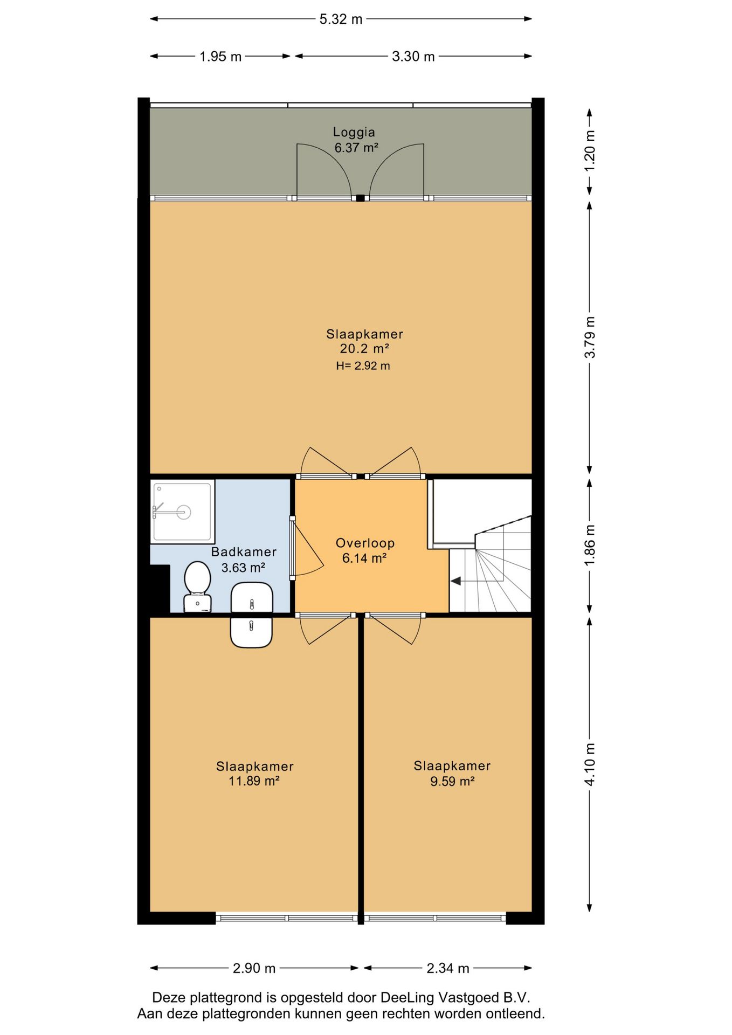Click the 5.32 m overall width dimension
[x=341, y=19]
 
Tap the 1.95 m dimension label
[x=220, y=57]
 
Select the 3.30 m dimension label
[x=413, y=57]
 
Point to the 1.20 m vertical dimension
[x=590, y=151]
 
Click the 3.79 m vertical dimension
[x=590, y=337]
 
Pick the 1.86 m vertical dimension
[x=590, y=546]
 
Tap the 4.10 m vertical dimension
[x=590, y=764]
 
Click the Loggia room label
[x=354, y=132]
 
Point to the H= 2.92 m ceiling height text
[x=363, y=366]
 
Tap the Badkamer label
[x=244, y=552]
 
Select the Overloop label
[x=365, y=543]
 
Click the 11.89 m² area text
[x=254, y=781]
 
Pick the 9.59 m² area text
[x=452, y=781]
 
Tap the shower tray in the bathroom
[x=183, y=512]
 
